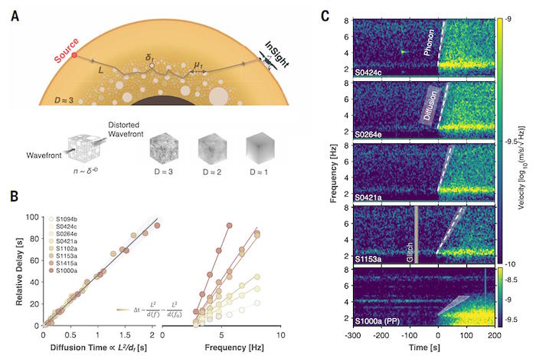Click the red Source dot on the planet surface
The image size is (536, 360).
(74, 56)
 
